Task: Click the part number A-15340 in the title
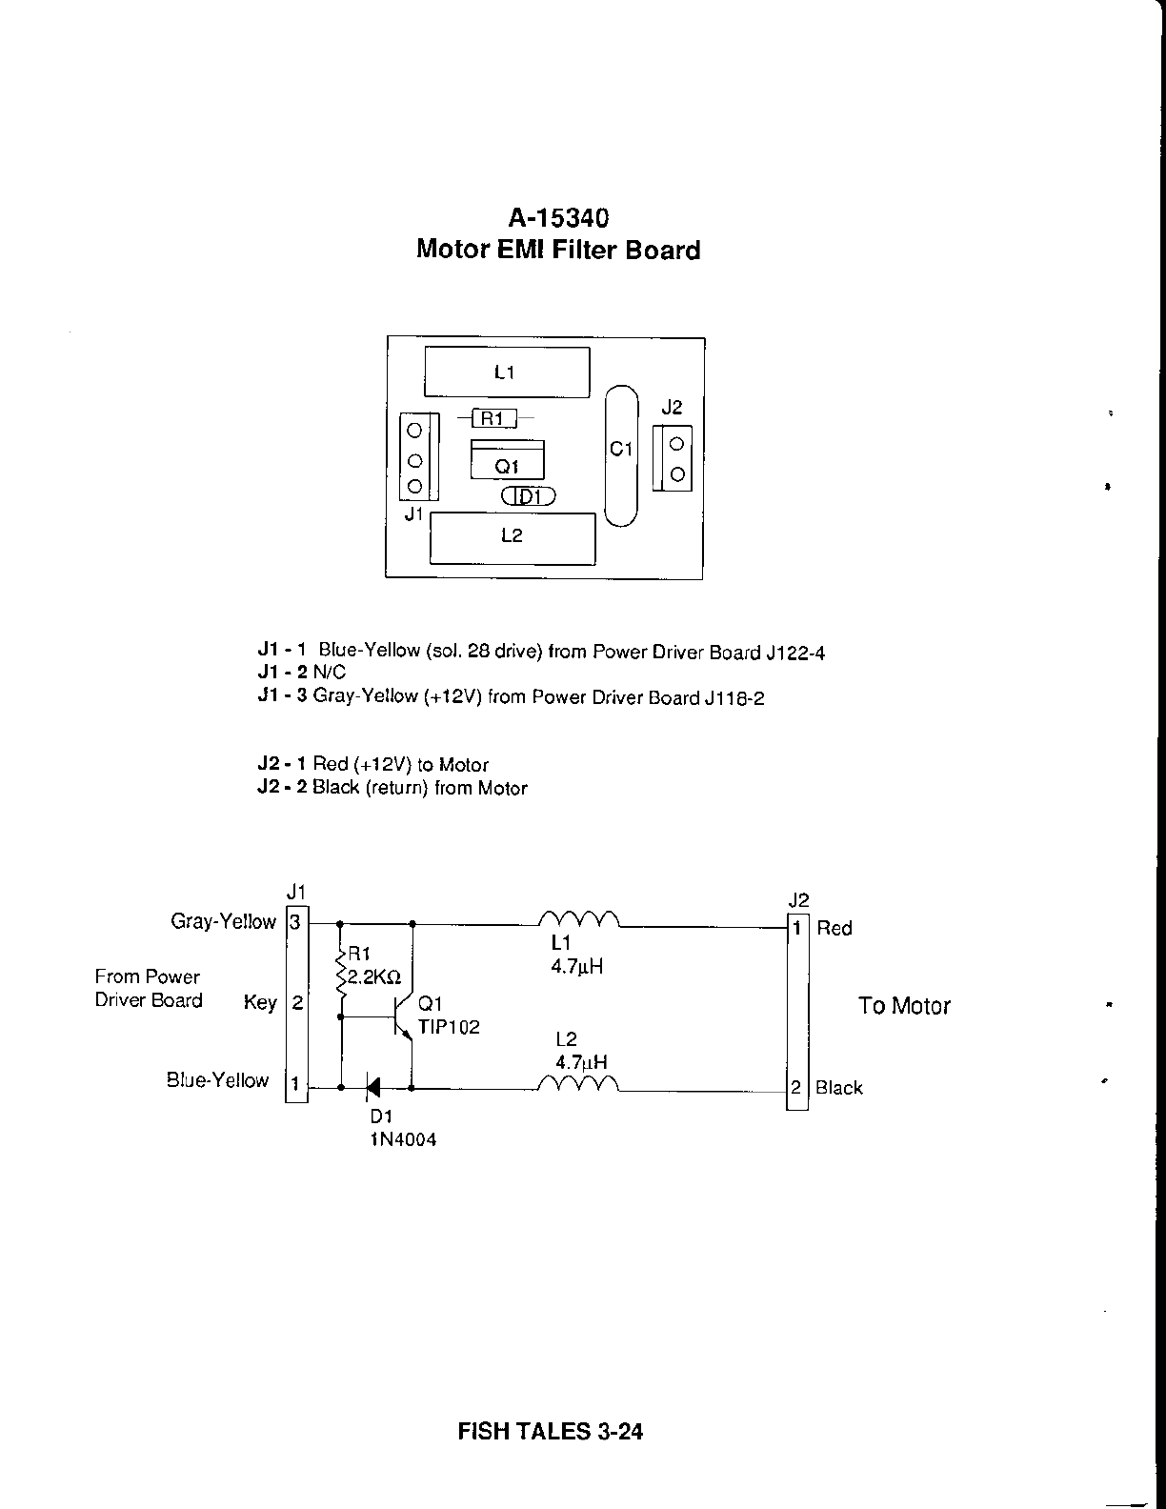(558, 218)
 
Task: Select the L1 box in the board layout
(507, 372)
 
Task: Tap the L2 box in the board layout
(513, 537)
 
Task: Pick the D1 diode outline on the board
(528, 496)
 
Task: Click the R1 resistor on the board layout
(493, 417)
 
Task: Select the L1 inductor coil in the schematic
(579, 919)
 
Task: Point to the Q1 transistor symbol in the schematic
(403, 1017)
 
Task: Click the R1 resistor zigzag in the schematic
(339, 972)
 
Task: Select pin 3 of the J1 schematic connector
(296, 922)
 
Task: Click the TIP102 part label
(449, 1027)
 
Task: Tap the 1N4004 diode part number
(403, 1139)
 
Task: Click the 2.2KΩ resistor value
(373, 977)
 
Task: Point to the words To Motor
(904, 1006)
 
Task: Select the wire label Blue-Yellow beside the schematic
(218, 1080)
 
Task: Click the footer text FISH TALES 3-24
(551, 1431)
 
